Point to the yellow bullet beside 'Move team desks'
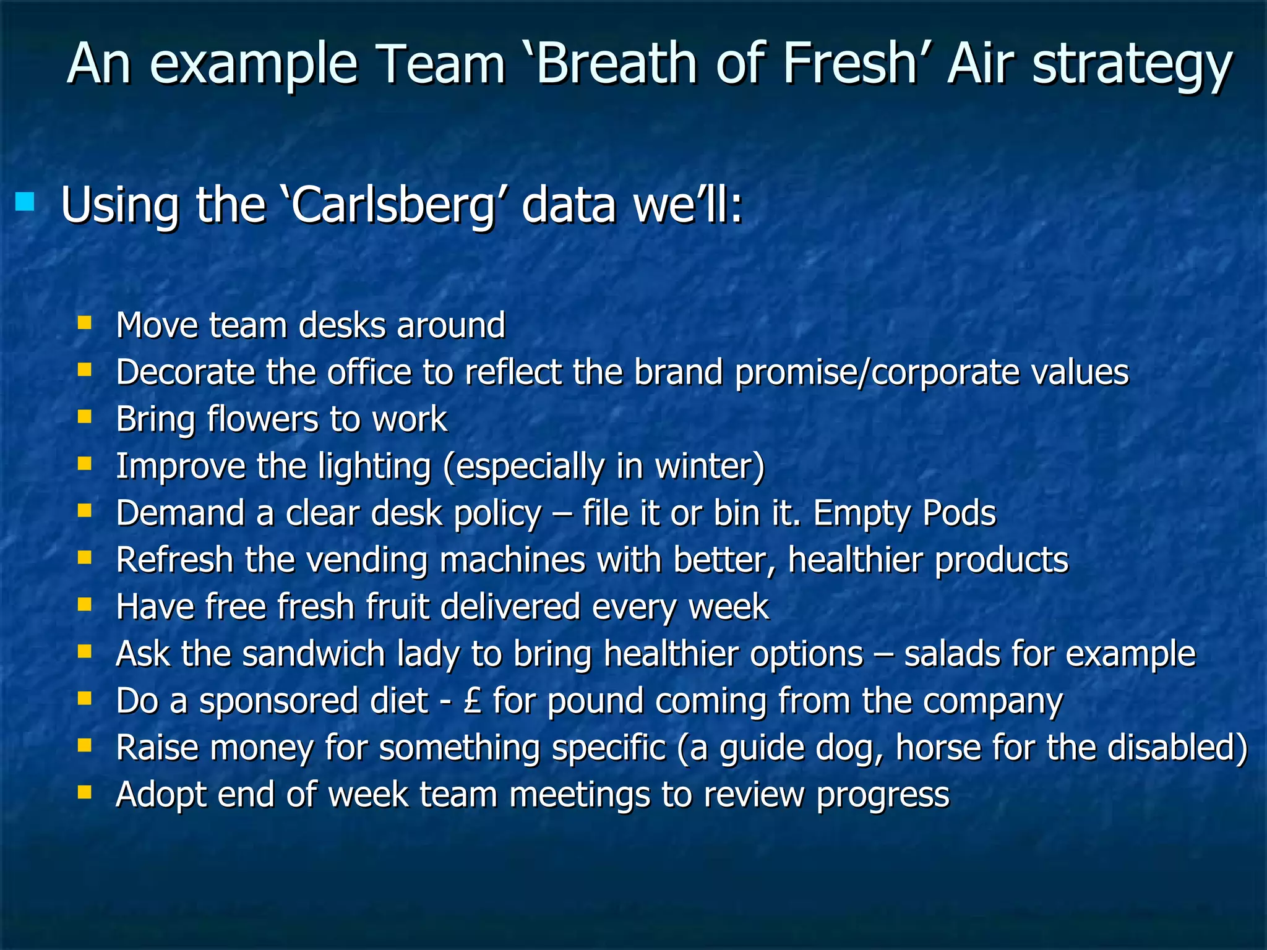(85, 322)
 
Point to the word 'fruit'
(397, 606)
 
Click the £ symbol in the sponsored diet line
(471, 701)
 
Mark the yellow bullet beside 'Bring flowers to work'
(85, 416)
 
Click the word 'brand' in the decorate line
(678, 372)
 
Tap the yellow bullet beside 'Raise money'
(85, 745)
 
